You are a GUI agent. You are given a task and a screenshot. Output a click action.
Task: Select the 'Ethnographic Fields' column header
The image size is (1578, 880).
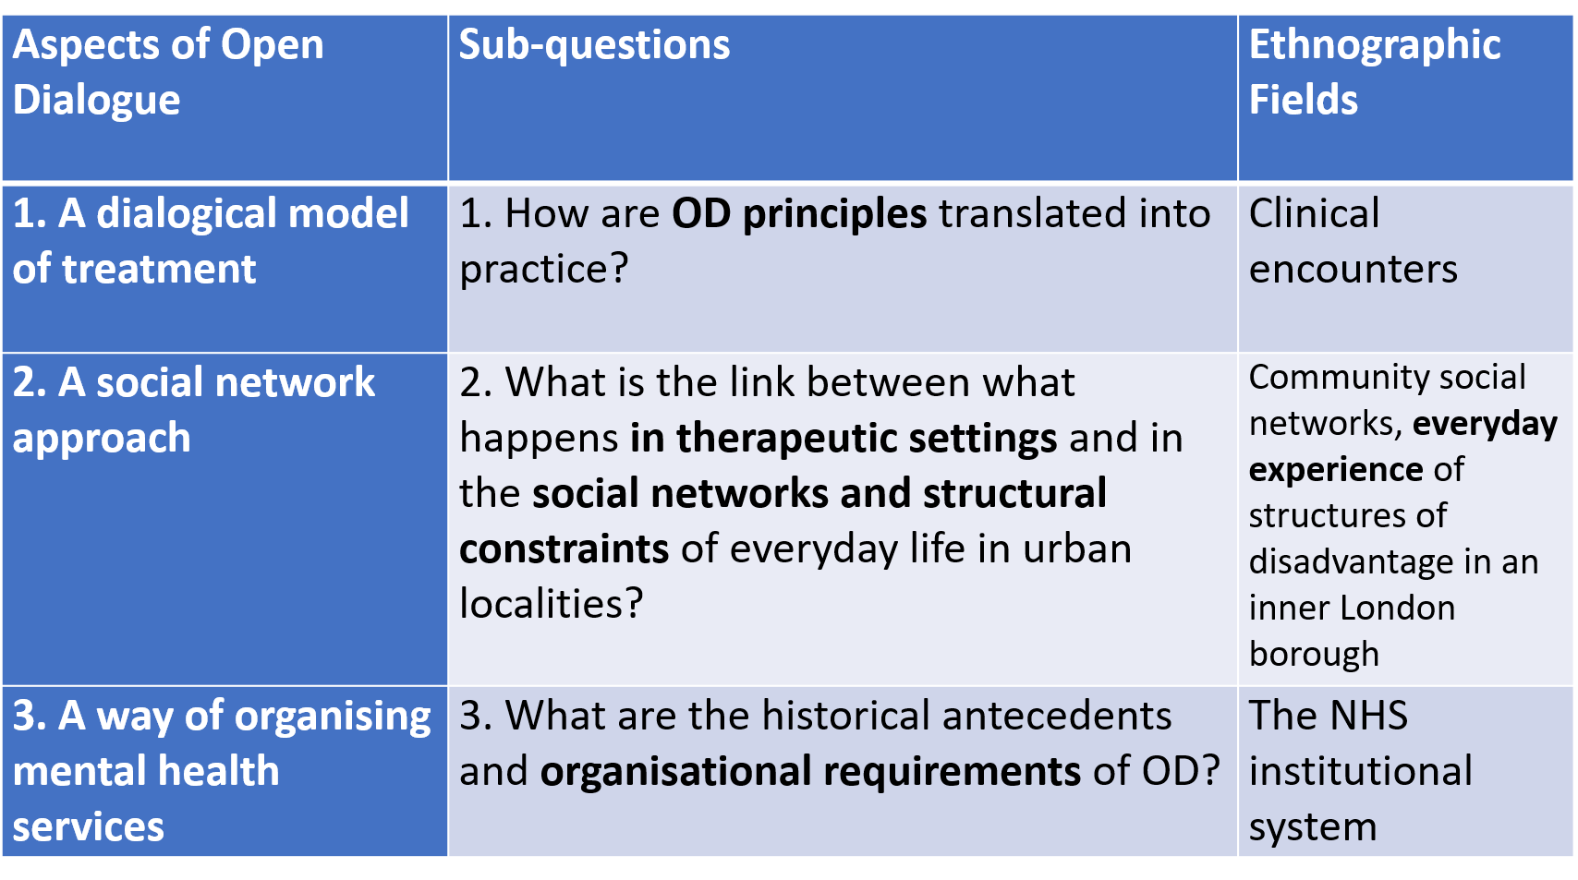1375,71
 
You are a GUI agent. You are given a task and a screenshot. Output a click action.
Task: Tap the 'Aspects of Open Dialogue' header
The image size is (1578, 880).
167,71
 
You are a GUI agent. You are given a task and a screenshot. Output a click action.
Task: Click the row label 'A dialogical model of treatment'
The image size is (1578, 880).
210,241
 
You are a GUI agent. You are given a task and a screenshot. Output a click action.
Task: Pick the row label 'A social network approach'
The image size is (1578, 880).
193,410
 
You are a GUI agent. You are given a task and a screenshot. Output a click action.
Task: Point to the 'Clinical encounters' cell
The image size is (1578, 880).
1353,241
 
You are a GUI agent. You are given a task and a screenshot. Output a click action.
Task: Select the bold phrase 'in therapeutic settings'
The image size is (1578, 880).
844,438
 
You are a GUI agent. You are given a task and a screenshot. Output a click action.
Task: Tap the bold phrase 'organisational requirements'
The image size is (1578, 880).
810,771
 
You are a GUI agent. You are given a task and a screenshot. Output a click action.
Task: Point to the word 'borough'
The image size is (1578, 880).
1314,655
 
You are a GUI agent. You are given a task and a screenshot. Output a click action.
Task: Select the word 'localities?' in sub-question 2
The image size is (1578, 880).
551,604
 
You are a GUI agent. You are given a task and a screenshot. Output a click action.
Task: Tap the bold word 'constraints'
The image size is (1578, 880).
564,549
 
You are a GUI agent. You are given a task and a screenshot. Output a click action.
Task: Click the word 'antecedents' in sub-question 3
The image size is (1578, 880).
1057,716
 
